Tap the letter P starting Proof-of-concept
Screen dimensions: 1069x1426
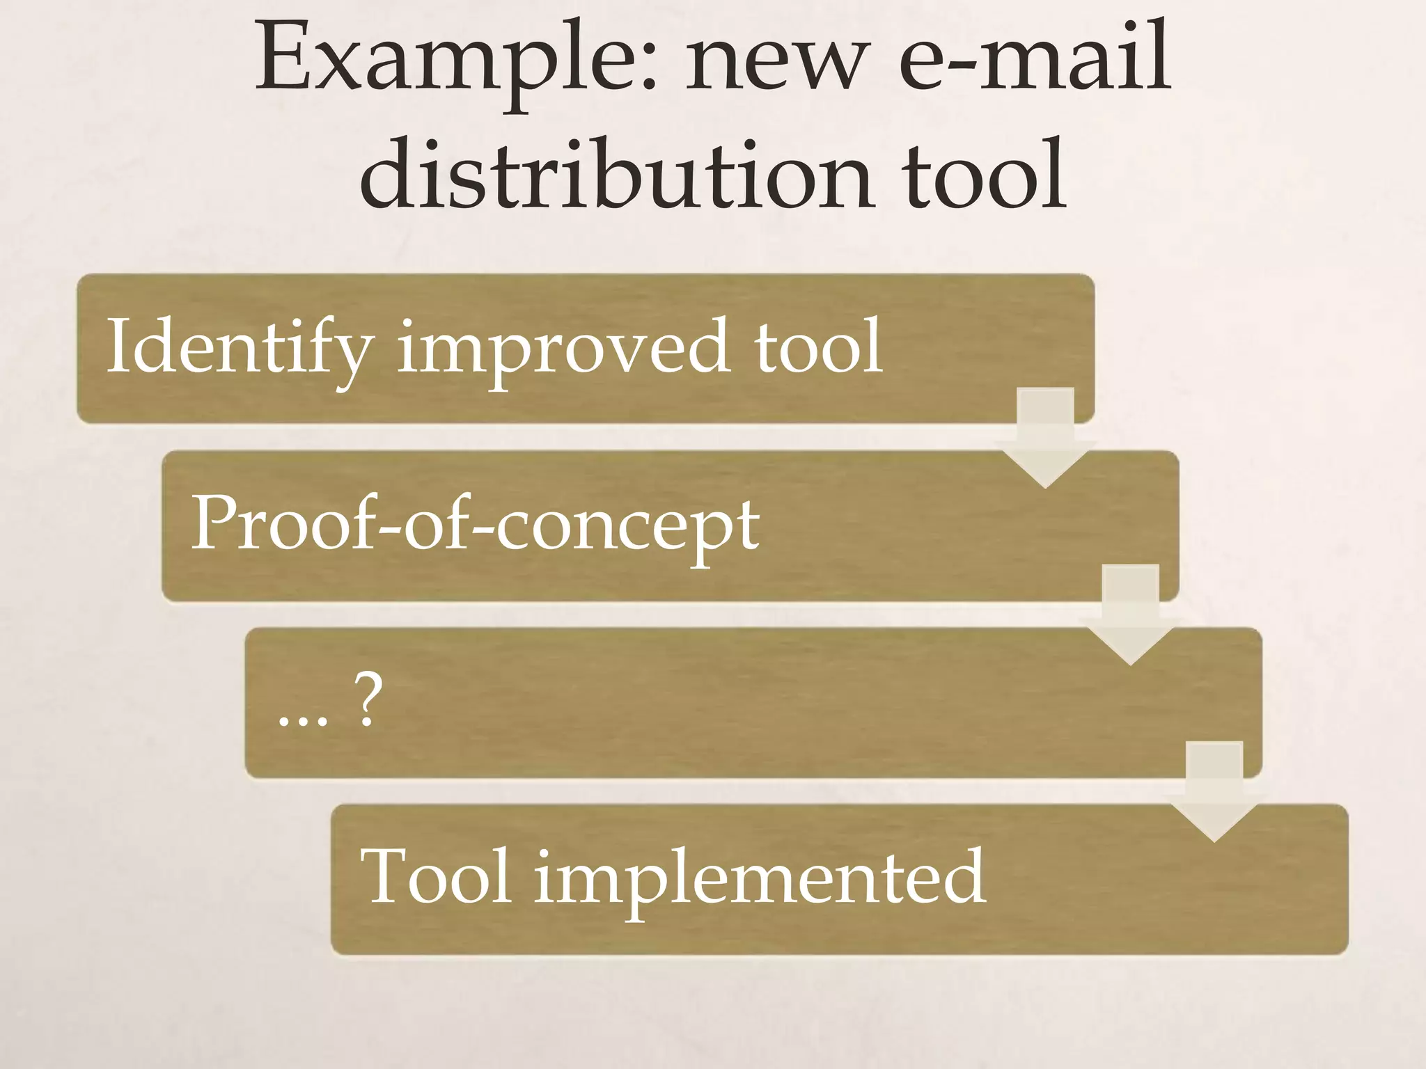pyautogui.click(x=212, y=523)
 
